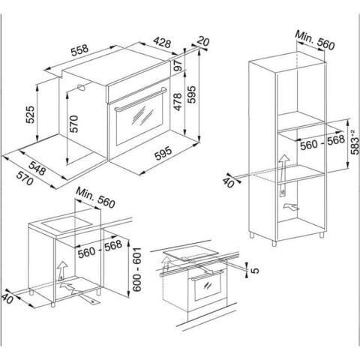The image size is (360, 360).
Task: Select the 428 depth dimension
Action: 159,43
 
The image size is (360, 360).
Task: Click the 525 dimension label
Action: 29,113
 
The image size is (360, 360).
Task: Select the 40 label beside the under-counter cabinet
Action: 10,297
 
